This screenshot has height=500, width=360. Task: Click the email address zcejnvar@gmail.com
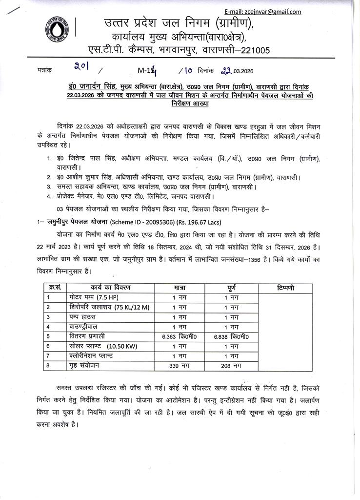click(269, 12)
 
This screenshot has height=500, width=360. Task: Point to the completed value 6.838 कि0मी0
click(231, 336)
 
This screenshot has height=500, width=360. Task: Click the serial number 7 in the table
click(49, 356)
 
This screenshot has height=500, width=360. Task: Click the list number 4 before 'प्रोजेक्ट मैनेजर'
click(49, 196)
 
